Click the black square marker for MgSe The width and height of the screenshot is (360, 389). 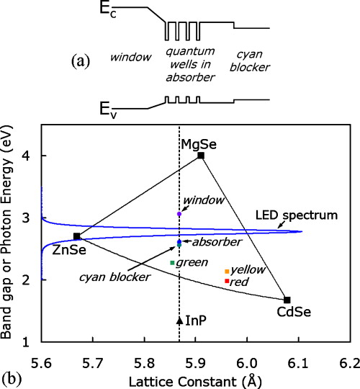pyautogui.click(x=201, y=156)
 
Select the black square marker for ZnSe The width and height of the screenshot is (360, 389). pyautogui.click(x=77, y=236)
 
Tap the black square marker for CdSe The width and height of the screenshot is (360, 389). pyautogui.click(x=287, y=300)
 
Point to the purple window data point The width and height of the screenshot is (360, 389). pyautogui.click(x=179, y=214)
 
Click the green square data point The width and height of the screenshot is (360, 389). pyautogui.click(x=172, y=263)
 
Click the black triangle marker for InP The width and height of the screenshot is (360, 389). pyautogui.click(x=179, y=319)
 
